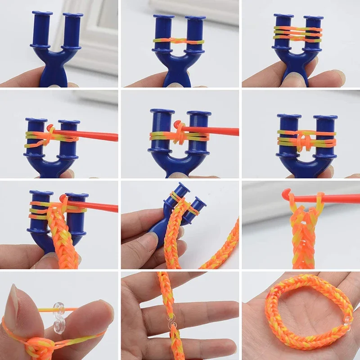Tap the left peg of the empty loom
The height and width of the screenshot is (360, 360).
42,29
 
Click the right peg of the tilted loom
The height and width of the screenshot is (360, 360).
197,207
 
